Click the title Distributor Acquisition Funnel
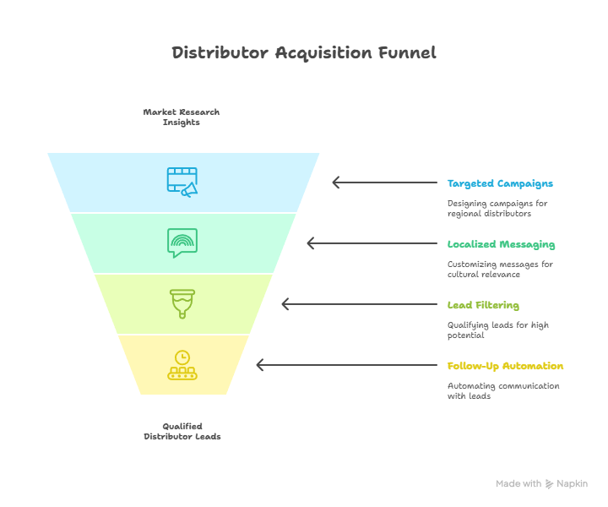click(304, 53)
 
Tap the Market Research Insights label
click(182, 117)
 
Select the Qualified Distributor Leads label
click(182, 431)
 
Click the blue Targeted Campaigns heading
click(500, 183)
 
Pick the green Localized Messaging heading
click(501, 244)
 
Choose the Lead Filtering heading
click(483, 305)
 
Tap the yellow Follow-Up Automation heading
click(505, 366)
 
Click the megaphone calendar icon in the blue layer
click(182, 183)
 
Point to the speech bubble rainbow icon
click(182, 243)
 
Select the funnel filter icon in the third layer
click(182, 304)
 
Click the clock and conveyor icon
click(182, 365)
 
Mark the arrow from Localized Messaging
click(372, 243)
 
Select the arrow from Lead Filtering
click(360, 304)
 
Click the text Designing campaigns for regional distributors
click(497, 209)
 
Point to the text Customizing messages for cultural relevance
click(500, 270)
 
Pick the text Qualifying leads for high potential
click(498, 330)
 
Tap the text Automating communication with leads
click(503, 391)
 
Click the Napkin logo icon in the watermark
click(549, 484)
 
